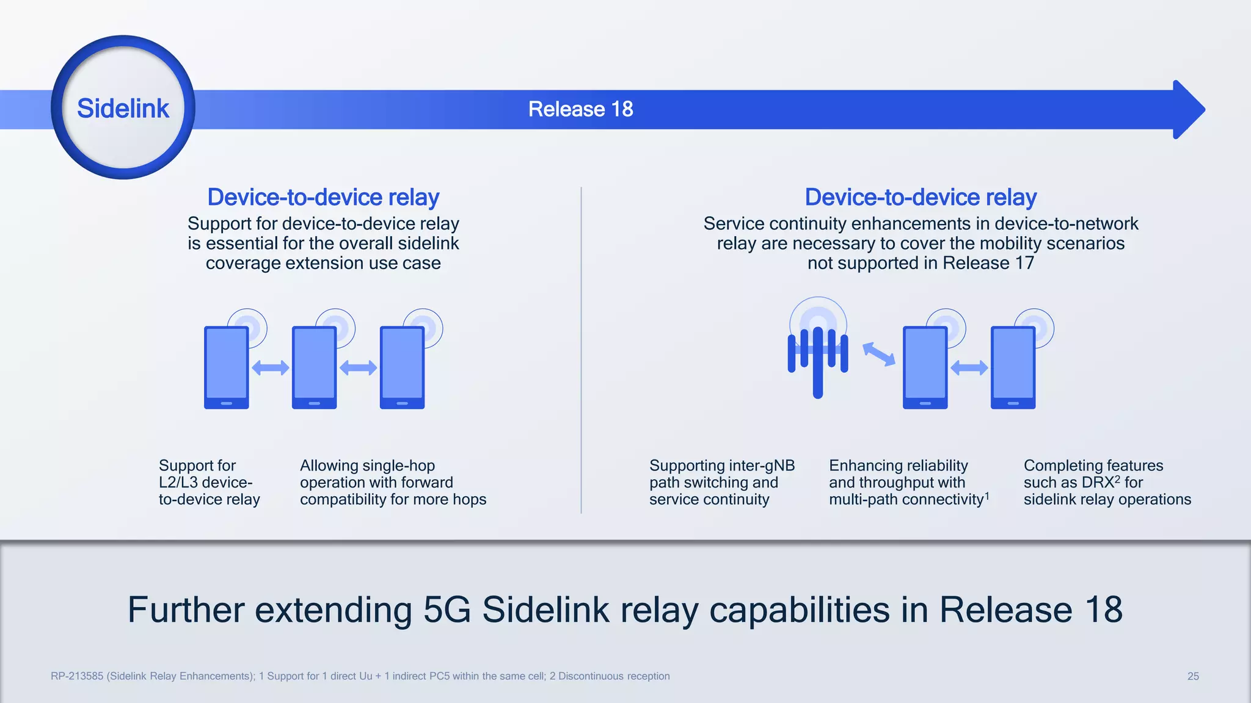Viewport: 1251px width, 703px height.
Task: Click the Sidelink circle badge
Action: (123, 107)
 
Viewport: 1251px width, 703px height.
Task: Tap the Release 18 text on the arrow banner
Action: (580, 109)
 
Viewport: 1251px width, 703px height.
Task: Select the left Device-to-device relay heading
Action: (323, 197)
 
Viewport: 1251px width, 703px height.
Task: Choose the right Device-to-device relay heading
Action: (921, 197)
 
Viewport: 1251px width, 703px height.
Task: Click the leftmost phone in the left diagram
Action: (227, 367)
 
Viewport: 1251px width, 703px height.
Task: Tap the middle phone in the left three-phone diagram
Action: (315, 367)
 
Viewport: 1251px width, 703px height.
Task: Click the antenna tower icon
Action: (818, 354)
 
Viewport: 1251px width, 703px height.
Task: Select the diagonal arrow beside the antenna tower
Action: (879, 355)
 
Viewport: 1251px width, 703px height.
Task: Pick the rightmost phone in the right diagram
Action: (1013, 367)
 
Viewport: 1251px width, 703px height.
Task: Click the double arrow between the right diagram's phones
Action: (969, 367)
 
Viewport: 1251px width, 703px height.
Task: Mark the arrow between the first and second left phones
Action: (271, 367)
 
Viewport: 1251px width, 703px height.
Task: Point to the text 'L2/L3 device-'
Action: (205, 482)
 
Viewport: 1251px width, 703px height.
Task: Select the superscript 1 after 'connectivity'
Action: (987, 496)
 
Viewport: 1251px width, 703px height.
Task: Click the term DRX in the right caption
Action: (1098, 483)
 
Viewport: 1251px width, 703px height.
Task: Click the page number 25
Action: (1193, 676)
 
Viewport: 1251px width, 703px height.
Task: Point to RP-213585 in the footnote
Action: (77, 676)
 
